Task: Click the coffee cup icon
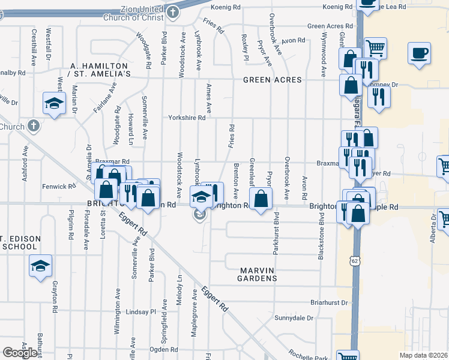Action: (419, 53)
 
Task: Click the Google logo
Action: (20, 353)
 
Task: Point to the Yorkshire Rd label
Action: (187, 118)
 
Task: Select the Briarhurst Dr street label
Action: (330, 303)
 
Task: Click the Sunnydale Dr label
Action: (294, 318)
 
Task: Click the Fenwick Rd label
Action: (58, 187)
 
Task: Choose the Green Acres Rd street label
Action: (330, 26)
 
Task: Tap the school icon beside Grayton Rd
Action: (41, 266)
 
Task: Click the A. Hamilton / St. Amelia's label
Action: (100, 70)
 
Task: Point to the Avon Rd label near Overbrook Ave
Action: (294, 41)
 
